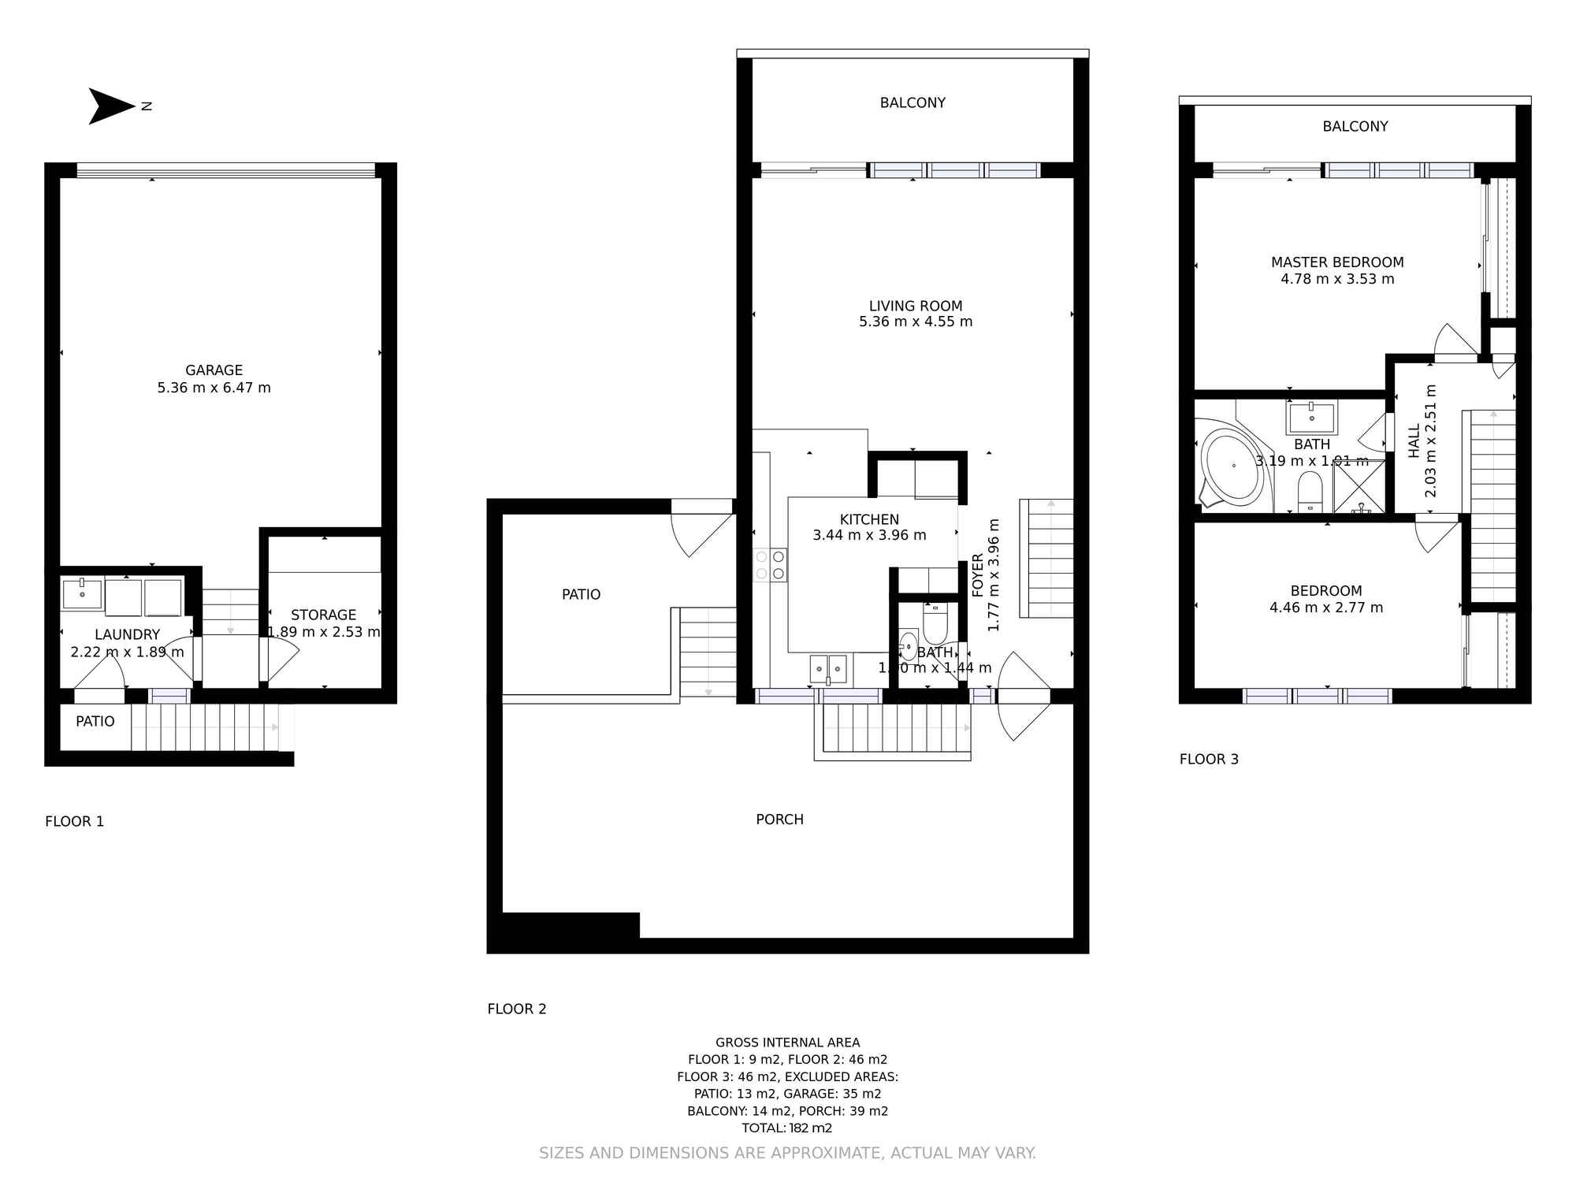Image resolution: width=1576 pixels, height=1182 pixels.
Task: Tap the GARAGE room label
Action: click(214, 370)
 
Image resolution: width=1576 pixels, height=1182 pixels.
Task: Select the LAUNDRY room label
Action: click(127, 634)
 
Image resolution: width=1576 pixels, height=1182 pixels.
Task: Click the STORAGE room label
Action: click(323, 615)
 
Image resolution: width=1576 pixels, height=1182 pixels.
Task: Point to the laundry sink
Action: click(82, 593)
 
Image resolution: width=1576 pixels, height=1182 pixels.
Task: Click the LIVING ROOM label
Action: click(915, 306)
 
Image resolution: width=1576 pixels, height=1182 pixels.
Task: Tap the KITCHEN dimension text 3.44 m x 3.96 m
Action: click(869, 535)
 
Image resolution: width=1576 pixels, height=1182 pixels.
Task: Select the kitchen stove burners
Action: click(770, 565)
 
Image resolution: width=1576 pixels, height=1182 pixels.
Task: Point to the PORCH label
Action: click(779, 820)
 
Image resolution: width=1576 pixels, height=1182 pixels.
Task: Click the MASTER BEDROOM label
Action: click(1337, 262)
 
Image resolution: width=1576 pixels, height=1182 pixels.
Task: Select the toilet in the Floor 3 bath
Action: click(1310, 489)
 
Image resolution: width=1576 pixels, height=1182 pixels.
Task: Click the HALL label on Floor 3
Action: click(1414, 441)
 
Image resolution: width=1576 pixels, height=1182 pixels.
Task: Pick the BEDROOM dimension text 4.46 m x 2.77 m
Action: click(1326, 608)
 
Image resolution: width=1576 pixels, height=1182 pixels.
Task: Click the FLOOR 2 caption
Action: click(516, 1009)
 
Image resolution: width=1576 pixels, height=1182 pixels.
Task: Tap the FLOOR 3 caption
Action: click(1209, 759)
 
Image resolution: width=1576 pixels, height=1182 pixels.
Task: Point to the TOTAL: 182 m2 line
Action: click(786, 1128)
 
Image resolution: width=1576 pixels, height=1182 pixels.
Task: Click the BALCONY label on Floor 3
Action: click(1355, 126)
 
